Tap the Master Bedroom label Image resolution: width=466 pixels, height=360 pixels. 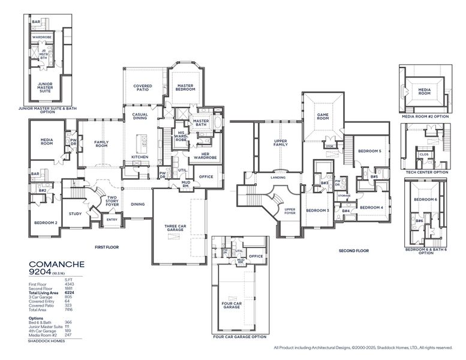185,88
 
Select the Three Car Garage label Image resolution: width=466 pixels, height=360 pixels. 175,227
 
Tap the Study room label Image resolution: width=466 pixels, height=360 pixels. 75,214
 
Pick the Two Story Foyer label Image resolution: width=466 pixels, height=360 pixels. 112,202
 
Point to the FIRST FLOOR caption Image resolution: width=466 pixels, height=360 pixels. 108,247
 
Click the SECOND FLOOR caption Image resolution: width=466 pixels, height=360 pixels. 353,250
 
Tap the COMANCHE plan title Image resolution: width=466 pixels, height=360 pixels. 57,264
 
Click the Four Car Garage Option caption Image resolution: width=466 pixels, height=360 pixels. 239,337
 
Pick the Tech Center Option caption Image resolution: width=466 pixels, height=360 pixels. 426,172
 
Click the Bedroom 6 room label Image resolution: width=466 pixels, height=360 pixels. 425,199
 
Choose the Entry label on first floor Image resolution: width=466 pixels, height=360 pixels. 112,220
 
